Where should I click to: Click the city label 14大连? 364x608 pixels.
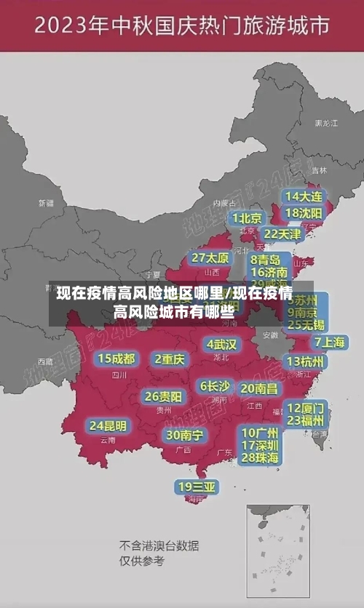[304, 196]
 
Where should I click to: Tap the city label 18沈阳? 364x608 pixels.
[304, 213]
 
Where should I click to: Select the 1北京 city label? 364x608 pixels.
[247, 217]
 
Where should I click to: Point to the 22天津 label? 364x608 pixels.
[282, 234]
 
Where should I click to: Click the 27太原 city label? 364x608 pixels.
[210, 257]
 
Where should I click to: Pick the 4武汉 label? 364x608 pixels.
[221, 343]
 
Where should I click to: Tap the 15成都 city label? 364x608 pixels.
[116, 359]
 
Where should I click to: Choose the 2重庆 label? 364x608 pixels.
[170, 359]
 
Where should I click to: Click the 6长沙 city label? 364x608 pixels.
[215, 385]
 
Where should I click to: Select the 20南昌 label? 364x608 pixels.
[258, 388]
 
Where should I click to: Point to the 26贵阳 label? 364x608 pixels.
[163, 396]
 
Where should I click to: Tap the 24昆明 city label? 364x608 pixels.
[108, 425]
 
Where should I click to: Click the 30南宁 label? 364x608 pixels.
[184, 435]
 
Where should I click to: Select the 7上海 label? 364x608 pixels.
[329, 342]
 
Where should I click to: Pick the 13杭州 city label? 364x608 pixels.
[306, 361]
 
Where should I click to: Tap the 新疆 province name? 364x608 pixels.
[46, 203]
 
